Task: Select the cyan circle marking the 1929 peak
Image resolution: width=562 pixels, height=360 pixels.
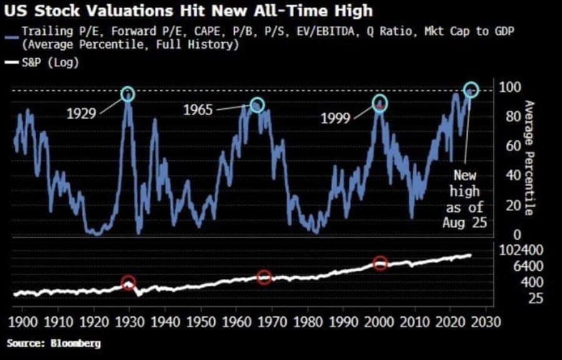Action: point(127,94)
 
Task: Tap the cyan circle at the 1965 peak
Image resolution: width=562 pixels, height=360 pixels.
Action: point(257,105)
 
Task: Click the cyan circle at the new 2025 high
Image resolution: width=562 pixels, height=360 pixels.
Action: point(471,90)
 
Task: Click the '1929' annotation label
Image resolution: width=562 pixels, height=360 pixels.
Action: point(81,114)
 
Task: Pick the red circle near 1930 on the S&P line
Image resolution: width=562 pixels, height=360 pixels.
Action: point(128,282)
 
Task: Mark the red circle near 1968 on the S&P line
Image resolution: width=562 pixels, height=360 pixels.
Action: point(264,277)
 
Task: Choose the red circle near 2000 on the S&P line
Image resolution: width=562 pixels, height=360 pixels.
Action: point(380,264)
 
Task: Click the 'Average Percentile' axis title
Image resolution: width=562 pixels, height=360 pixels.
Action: point(528,157)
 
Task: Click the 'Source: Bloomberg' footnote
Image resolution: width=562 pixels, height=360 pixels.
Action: point(54,343)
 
